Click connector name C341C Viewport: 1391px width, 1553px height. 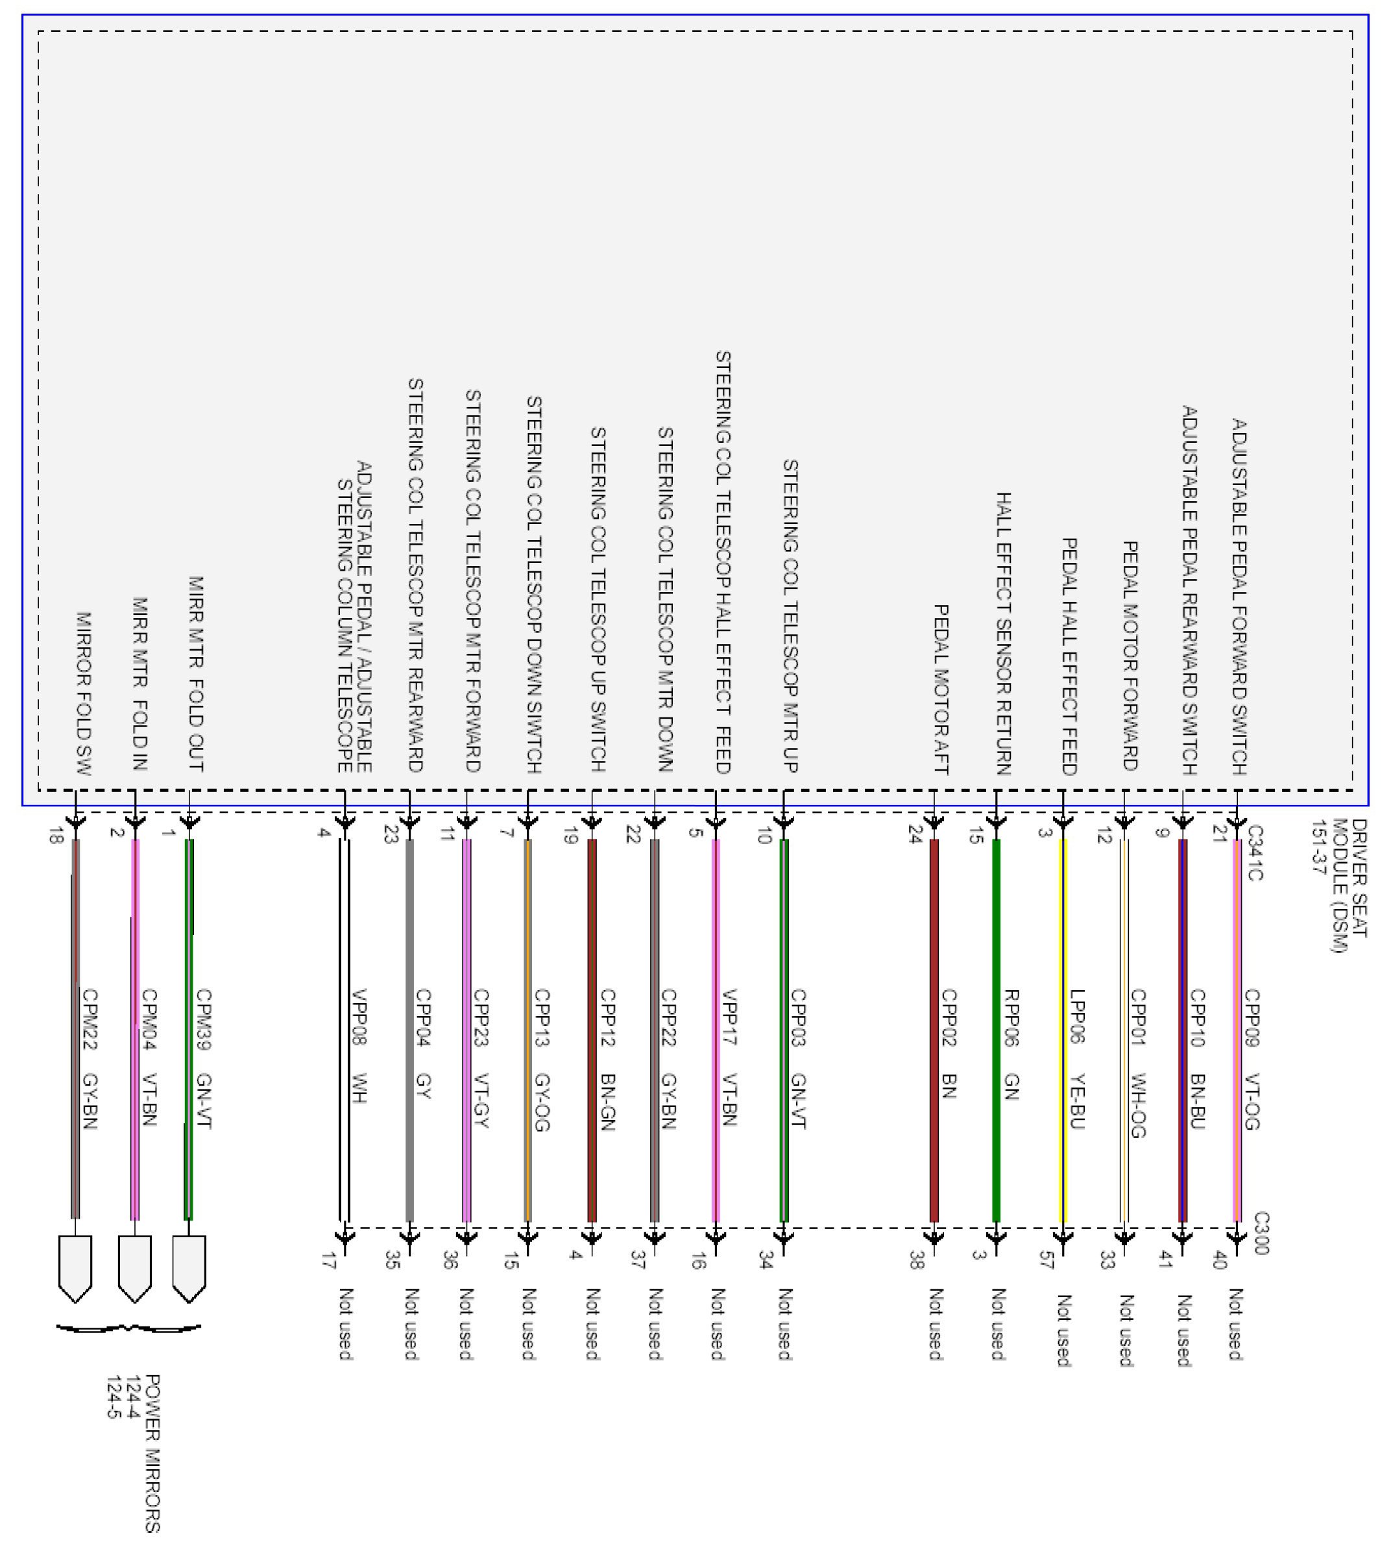click(1254, 852)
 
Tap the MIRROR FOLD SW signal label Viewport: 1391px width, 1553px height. click(84, 693)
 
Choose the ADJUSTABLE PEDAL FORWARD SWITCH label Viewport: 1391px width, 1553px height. click(1239, 597)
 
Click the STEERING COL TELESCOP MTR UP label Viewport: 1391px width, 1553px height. click(790, 615)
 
